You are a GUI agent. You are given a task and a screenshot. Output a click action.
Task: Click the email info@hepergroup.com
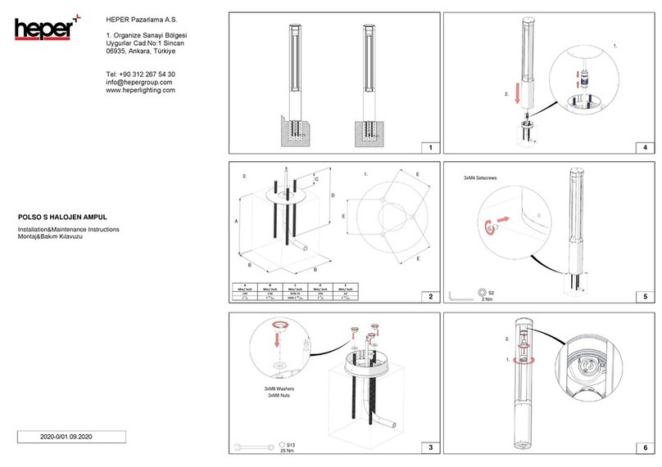pos(139,83)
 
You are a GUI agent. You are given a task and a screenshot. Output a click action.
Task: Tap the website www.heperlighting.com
pos(141,91)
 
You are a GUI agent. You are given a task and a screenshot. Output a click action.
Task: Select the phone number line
pos(141,74)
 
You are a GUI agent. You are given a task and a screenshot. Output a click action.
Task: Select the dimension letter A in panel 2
pos(236,222)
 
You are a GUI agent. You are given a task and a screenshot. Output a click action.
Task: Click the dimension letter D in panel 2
pos(332,196)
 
